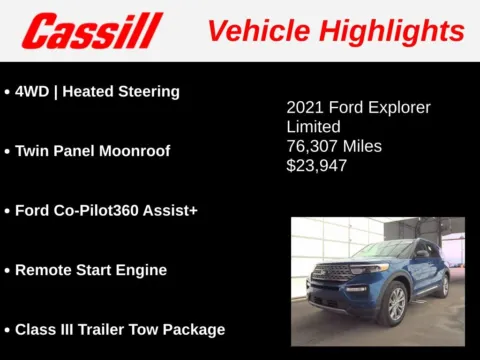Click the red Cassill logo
click(x=92, y=31)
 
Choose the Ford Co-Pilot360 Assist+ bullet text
click(x=99, y=211)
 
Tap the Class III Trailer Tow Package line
click(x=120, y=329)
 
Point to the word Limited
click(x=313, y=127)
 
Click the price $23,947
click(x=316, y=165)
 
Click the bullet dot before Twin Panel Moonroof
click(x=8, y=152)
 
